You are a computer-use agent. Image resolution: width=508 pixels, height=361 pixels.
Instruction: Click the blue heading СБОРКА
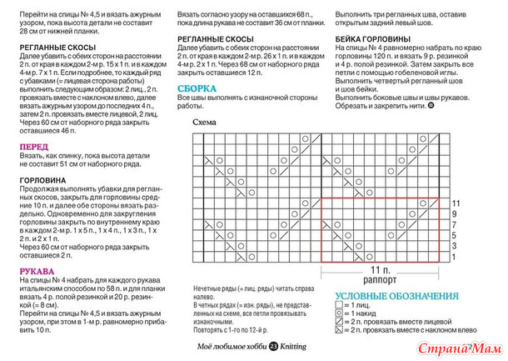[x=198, y=88]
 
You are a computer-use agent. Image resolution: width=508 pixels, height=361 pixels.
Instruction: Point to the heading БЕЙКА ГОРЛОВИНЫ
[x=373, y=39]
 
